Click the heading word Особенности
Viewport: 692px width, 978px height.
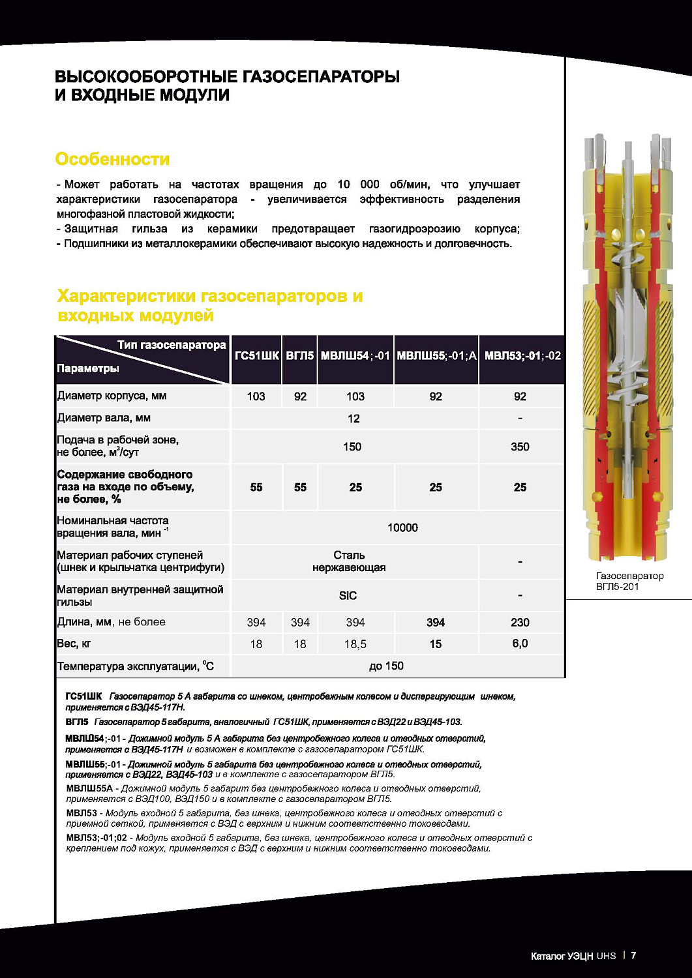click(112, 159)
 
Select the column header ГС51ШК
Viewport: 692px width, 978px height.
click(256, 356)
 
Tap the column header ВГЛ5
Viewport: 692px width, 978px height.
click(300, 356)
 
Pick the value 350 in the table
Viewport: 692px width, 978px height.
click(520, 447)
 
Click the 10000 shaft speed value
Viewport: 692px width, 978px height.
click(402, 527)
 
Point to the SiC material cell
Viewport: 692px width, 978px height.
click(348, 595)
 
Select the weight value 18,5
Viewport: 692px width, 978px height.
click(355, 644)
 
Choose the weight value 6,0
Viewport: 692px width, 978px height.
click(520, 644)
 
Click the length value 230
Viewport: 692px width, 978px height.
click(520, 623)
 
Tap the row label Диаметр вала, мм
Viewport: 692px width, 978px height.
click(104, 418)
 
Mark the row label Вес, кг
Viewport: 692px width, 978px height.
click(74, 644)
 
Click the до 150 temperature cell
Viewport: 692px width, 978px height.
click(386, 666)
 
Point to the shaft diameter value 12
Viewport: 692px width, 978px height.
click(354, 419)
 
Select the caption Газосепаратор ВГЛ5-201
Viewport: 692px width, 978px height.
click(629, 581)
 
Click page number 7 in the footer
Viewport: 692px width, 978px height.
click(633, 956)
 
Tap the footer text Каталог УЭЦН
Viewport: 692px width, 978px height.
click(562, 956)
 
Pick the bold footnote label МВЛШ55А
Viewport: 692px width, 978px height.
click(89, 788)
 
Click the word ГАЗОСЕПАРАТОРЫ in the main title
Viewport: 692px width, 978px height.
click(321, 76)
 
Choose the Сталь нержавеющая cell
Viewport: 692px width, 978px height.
click(349, 561)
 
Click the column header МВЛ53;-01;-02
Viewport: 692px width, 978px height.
click(522, 356)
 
